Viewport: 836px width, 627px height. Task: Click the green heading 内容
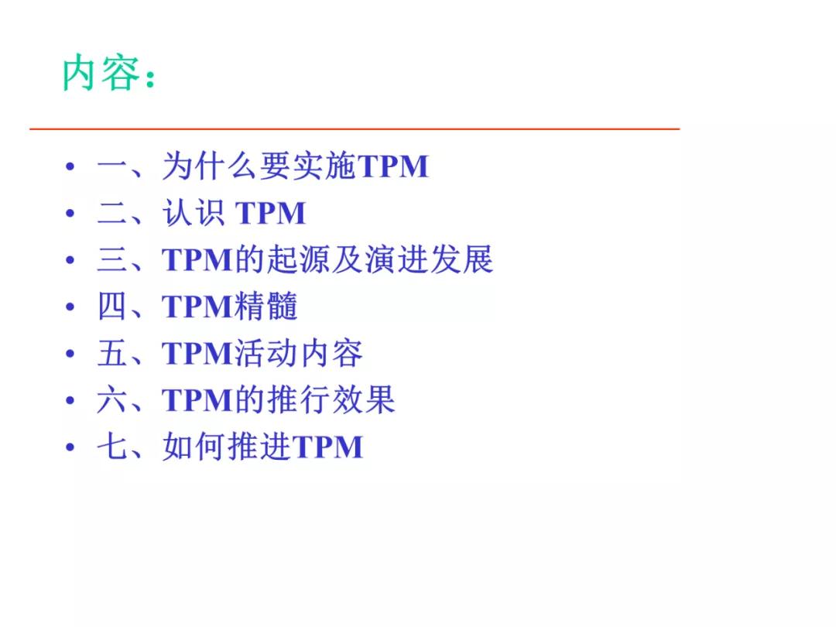pos(101,75)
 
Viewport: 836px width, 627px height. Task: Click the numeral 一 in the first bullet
pos(112,167)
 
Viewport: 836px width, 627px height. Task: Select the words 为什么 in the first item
pos(209,166)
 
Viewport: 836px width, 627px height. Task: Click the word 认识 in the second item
pos(194,214)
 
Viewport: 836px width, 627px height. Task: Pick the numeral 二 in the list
pos(112,214)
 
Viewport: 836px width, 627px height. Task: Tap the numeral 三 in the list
pos(112,260)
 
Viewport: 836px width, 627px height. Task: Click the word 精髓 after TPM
pos(266,307)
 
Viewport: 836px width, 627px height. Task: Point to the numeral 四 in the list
pos(112,307)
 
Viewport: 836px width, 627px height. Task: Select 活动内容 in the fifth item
pos(298,354)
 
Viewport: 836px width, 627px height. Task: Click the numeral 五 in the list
pos(112,354)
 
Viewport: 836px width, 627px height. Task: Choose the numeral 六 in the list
pos(112,400)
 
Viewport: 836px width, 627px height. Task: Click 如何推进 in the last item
pos(226,447)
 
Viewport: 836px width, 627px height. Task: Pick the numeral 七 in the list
pos(112,447)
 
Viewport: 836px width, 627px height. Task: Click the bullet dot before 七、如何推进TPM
pos(70,447)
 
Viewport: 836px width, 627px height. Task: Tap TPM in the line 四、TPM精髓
pos(197,307)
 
